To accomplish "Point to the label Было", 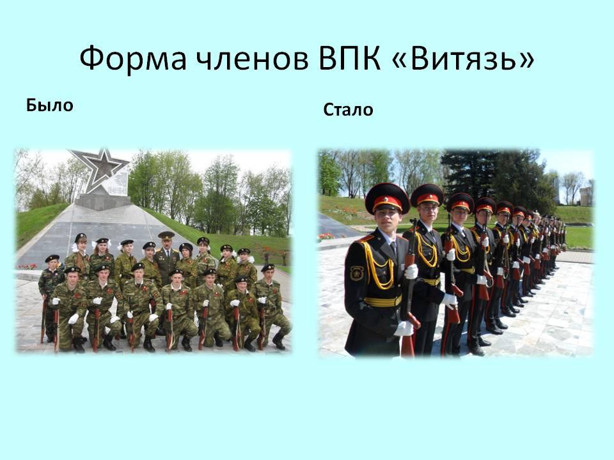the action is (x=50, y=105).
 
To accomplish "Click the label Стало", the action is (x=348, y=110).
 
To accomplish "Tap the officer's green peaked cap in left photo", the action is (x=166, y=235).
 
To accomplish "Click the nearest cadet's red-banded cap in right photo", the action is (x=387, y=198).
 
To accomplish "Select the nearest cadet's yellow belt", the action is (x=382, y=301).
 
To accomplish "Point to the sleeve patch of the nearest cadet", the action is (x=356, y=273).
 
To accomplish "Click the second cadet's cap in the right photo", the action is (x=427, y=195).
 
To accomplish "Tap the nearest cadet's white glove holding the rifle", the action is (x=411, y=272).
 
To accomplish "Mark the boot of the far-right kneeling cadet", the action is (x=278, y=342).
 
